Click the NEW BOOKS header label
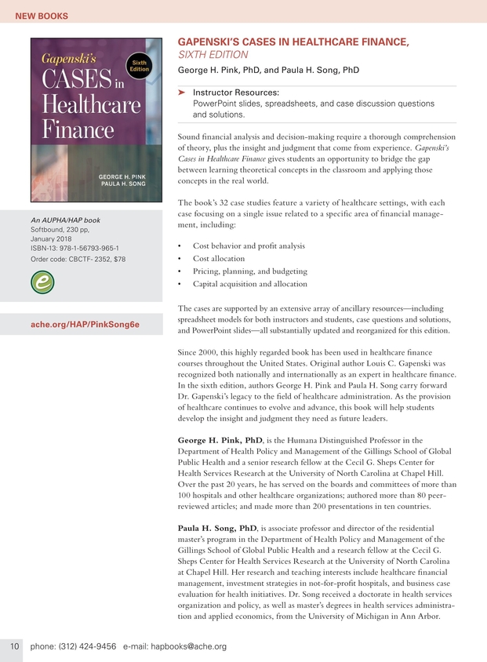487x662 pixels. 42,16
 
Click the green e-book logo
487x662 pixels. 42,282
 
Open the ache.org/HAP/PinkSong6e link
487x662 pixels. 85,323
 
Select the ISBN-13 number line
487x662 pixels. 74,249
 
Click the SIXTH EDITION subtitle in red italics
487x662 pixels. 214,55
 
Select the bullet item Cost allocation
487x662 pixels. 219,258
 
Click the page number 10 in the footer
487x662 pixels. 14,646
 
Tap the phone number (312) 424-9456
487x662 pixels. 88,646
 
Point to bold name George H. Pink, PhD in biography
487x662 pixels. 219,440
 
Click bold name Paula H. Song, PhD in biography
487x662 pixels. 218,527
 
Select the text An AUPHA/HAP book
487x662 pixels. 65,220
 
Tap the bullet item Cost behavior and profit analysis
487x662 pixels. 249,246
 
